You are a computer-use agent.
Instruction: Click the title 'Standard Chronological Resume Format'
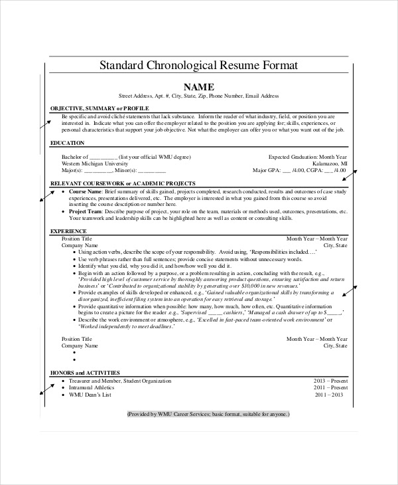click(x=198, y=66)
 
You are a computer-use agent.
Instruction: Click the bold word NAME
click(x=198, y=86)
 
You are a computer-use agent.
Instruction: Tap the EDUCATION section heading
click(x=67, y=143)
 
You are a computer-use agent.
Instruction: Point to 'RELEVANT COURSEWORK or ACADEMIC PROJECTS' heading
click(x=123, y=183)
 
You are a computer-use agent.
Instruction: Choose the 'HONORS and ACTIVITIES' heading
click(x=88, y=373)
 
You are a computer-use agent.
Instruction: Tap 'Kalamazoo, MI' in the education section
click(x=330, y=163)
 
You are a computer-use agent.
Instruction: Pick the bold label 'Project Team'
click(x=86, y=211)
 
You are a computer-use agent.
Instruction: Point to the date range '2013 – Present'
click(x=330, y=381)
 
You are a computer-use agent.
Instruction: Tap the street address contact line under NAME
click(x=198, y=96)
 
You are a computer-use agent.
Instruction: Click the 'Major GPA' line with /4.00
click(x=300, y=170)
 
